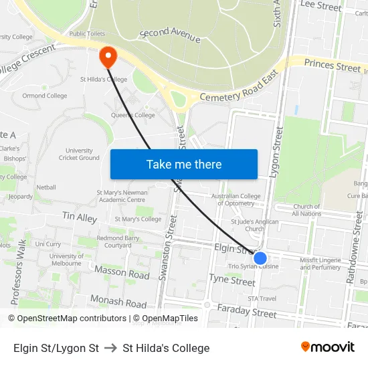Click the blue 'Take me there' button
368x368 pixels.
(184, 165)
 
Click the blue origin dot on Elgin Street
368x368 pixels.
(260, 258)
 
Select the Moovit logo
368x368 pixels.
(328, 347)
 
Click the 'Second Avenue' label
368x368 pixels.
(170, 35)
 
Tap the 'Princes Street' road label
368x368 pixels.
(332, 66)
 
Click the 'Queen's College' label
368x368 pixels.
(132, 115)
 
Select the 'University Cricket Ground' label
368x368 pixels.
(79, 154)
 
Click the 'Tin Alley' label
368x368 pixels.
(80, 217)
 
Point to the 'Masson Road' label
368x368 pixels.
(122, 273)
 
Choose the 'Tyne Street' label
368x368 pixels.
(232, 280)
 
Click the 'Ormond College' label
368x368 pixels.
(44, 96)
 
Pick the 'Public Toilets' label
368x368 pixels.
(87, 33)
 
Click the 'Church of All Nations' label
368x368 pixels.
(306, 210)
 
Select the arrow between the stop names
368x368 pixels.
(110, 348)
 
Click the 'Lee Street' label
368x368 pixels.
(321, 6)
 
